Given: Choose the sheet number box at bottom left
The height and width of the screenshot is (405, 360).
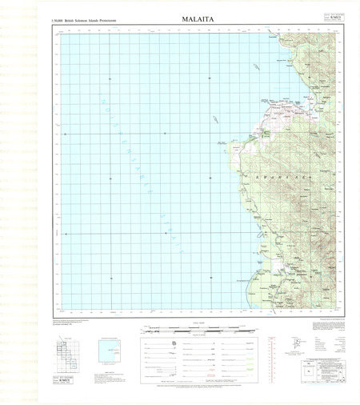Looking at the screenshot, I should click(66, 379).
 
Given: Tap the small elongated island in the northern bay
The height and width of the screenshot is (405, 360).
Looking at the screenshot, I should click(254, 70).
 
